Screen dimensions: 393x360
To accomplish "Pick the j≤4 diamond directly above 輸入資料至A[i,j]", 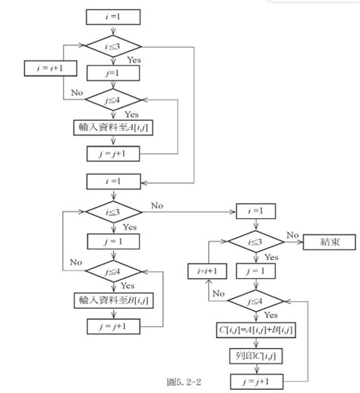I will click(112, 98).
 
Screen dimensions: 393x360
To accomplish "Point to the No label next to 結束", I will click(292, 235).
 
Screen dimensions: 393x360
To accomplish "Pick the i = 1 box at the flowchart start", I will click(112, 15).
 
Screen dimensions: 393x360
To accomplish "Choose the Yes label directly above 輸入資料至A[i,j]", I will click(131, 114).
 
